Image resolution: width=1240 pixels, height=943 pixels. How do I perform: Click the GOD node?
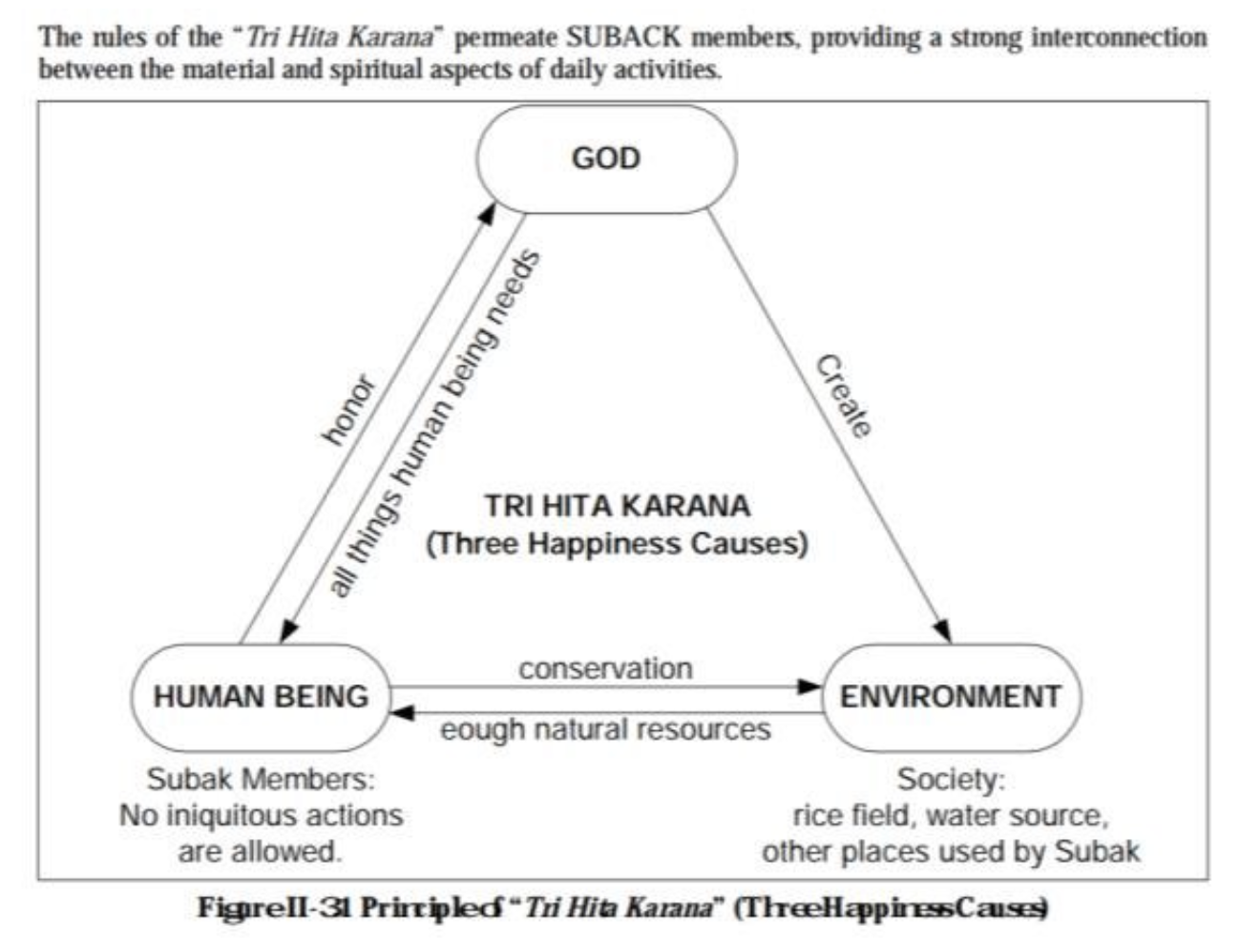(x=606, y=158)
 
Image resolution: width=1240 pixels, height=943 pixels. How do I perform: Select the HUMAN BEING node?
(x=261, y=697)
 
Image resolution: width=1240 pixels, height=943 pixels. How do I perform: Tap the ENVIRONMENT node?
(x=951, y=697)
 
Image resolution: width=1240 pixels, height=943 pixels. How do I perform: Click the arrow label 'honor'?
(x=348, y=410)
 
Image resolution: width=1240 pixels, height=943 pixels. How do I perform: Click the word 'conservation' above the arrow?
(x=605, y=668)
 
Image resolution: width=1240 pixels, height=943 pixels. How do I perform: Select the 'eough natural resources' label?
(x=605, y=729)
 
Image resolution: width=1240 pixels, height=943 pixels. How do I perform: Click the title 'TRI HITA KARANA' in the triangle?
(x=617, y=505)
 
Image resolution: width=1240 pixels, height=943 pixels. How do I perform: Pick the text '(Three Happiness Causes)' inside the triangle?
(x=617, y=543)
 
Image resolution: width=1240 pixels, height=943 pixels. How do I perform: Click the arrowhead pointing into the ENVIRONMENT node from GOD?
(x=942, y=631)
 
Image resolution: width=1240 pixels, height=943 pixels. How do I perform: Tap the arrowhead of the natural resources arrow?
(x=404, y=712)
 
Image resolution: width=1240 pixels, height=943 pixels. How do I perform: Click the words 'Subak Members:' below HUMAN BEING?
(x=261, y=779)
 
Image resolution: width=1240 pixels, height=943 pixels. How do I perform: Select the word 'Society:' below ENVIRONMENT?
(x=951, y=779)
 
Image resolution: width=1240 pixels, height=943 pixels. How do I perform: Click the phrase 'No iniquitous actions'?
(x=261, y=815)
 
